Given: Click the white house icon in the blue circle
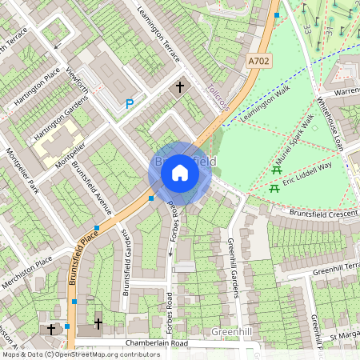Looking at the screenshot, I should click(180, 172).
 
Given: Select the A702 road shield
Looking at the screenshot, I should click(259, 61).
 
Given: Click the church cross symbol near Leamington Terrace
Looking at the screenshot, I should click(180, 86).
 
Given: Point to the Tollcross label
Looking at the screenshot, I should click(218, 98).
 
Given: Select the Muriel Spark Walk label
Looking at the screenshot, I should click(298, 138).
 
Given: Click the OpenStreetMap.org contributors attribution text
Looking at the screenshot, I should click(102, 354).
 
